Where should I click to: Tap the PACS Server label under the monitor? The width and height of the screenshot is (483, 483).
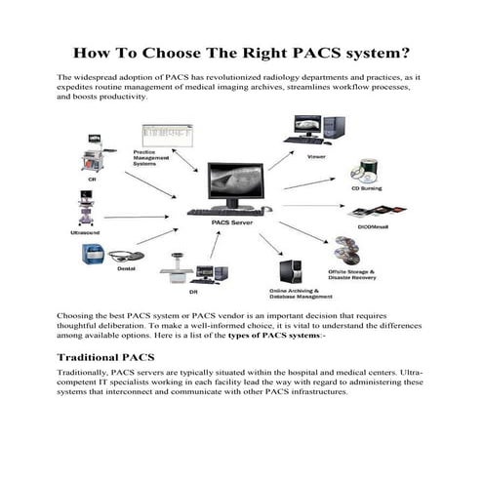click(231, 223)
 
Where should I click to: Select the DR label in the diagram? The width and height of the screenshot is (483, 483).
click(193, 293)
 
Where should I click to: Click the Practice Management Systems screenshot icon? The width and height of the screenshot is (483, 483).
click(162, 135)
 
